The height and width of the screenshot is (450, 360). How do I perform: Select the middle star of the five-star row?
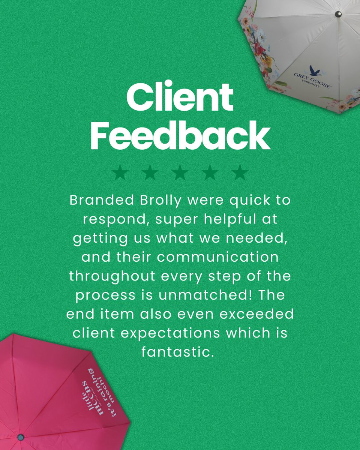(180, 172)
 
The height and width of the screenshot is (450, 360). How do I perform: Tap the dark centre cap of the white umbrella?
(338, 14)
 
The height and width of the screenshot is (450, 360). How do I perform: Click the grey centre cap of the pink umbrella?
(20, 437)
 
